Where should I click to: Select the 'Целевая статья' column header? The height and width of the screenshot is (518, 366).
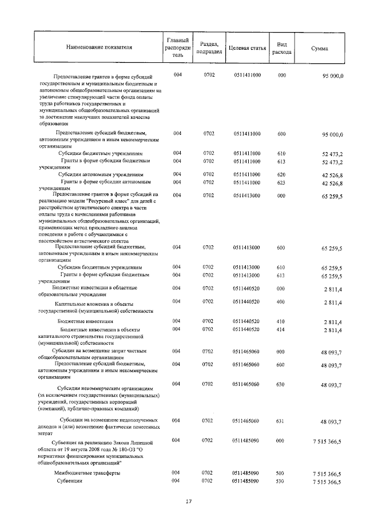pyautogui.click(x=247, y=47)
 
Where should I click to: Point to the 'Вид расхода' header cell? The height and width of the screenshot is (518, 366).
pyautogui.click(x=281, y=47)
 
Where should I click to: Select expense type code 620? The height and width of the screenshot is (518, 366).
pyautogui.click(x=281, y=174)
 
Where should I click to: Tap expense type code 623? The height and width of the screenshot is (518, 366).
pyautogui.click(x=281, y=182)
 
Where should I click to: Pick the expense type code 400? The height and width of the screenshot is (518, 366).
pyautogui.click(x=281, y=301)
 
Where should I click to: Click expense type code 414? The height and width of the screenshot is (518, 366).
pyautogui.click(x=281, y=329)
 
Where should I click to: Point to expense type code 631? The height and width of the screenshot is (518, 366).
pyautogui.click(x=281, y=421)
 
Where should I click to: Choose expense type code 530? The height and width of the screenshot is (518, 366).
pyautogui.click(x=281, y=481)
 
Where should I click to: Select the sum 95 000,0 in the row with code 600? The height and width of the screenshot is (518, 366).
pyautogui.click(x=332, y=135)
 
